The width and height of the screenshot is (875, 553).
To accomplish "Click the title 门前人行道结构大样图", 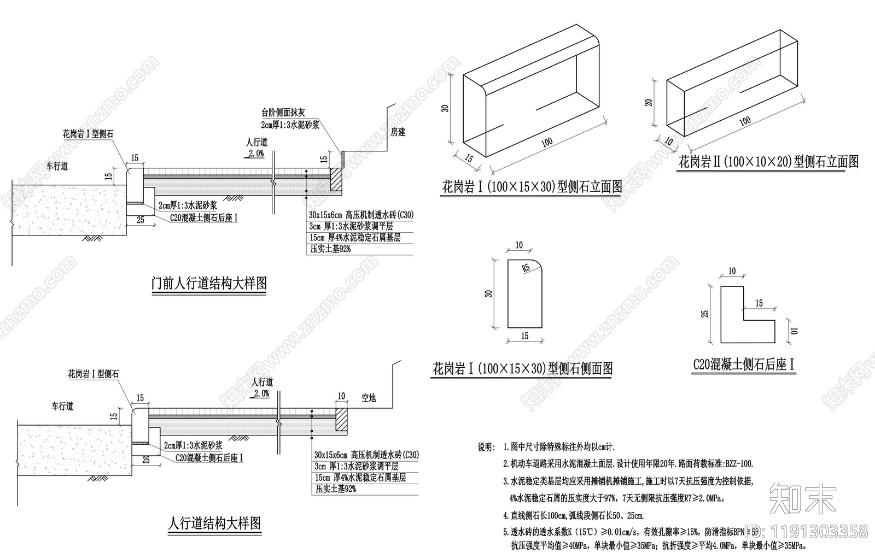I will coord(209,283).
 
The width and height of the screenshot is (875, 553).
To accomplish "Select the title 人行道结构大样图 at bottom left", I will coord(214,523).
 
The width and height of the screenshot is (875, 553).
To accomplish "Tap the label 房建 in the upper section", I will coord(398,132).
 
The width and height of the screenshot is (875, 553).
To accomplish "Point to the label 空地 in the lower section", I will coord(369,398).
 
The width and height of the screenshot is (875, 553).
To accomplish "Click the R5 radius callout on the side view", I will coord(525,268).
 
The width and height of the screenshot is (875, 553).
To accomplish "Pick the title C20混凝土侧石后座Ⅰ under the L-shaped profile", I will coord(743,364).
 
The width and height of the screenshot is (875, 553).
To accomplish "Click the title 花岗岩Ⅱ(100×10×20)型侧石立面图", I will coord(768,161).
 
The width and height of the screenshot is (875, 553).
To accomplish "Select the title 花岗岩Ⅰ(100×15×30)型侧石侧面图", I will coord(522,368).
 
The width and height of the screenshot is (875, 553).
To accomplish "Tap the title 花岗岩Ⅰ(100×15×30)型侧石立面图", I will coord(532,187).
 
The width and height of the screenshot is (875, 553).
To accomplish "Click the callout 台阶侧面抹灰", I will coord(283,113).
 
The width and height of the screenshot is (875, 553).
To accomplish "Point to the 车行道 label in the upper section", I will coord(57,166).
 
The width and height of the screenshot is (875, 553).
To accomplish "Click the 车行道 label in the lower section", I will coord(62,406).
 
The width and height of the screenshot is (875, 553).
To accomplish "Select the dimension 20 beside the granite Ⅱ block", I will coord(649,102).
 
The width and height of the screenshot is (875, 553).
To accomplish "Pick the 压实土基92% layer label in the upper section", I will coord(330,249).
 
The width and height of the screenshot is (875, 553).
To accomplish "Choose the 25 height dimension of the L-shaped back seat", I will coord(705,313).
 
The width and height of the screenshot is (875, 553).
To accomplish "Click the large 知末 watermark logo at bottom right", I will coord(803,498).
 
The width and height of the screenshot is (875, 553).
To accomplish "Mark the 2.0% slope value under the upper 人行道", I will coord(255,154).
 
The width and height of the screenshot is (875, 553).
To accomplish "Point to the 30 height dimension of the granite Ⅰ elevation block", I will coord(446,108).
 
